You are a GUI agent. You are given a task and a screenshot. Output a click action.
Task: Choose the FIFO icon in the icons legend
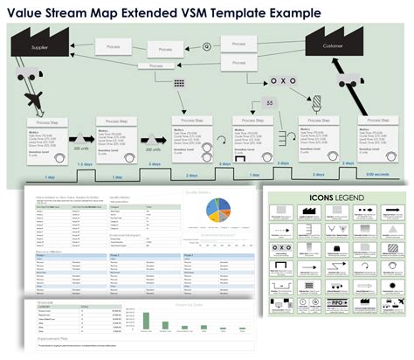[x=384, y=322]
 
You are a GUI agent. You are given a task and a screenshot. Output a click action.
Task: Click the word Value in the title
[x=27, y=13]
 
